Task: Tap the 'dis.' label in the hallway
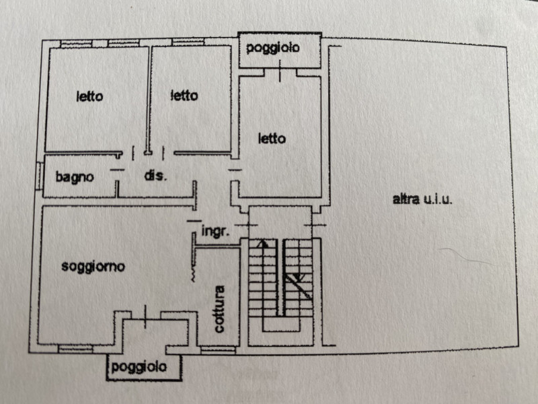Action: (x=156, y=176)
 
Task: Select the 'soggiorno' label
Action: (x=93, y=266)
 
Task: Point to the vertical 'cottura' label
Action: (x=219, y=310)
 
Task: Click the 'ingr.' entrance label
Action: (x=216, y=231)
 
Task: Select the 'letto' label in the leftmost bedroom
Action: (x=89, y=96)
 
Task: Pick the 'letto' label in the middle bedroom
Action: (x=184, y=96)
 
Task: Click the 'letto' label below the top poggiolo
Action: (x=272, y=139)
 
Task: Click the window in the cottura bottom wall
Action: (x=219, y=349)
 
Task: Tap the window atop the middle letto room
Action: (x=188, y=42)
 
